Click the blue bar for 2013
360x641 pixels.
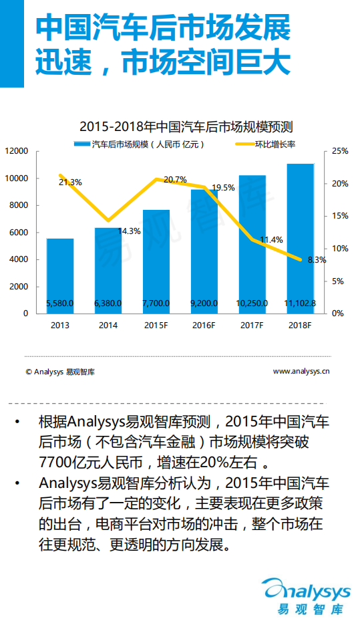[60, 274]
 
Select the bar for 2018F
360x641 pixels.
[300, 234]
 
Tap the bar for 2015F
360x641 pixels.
[156, 261]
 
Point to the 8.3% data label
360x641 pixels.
[317, 260]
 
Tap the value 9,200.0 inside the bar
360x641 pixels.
[204, 303]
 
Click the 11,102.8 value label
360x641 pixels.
[300, 303]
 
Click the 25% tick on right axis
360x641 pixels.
[341, 152]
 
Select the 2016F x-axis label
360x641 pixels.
[204, 326]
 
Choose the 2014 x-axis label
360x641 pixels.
[108, 326]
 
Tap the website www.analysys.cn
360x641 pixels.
[301, 371]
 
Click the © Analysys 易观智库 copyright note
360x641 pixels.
[60, 372]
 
